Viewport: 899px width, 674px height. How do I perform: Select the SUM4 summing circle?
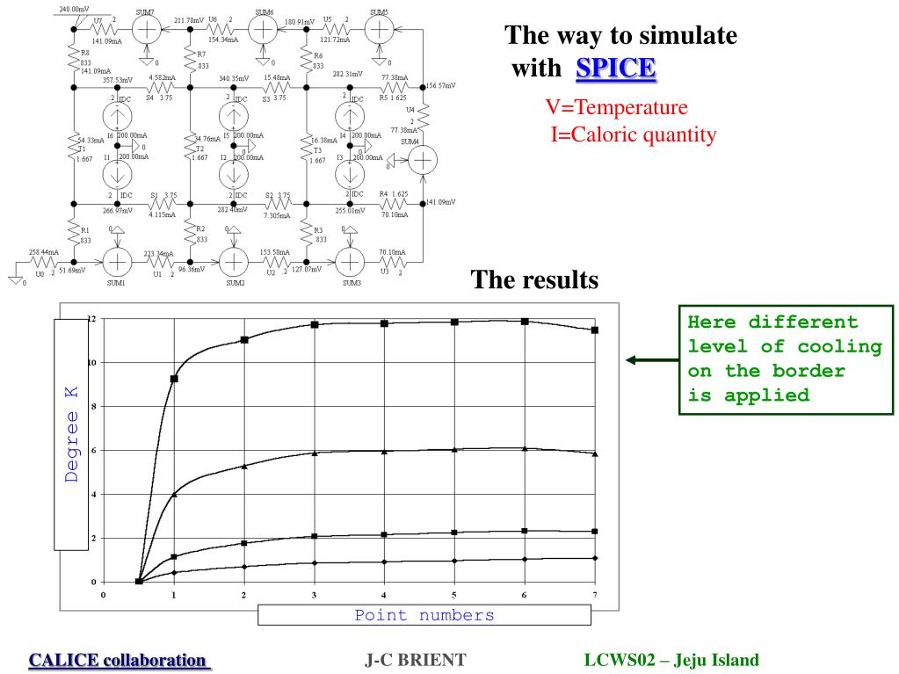pyautogui.click(x=423, y=160)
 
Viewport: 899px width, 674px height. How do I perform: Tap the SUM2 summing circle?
pyautogui.click(x=234, y=261)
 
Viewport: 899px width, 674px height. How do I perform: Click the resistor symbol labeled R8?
pyautogui.click(x=74, y=57)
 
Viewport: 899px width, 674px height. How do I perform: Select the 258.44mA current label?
pyautogui.click(x=42, y=251)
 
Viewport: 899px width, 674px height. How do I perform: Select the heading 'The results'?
pyautogui.click(x=535, y=279)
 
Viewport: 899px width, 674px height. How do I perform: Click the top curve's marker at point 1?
pyautogui.click(x=174, y=379)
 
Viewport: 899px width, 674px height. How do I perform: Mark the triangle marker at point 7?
pyautogui.click(x=595, y=453)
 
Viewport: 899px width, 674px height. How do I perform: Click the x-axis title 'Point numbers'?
pyautogui.click(x=424, y=615)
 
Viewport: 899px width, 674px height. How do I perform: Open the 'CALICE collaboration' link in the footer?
pyautogui.click(x=119, y=659)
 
